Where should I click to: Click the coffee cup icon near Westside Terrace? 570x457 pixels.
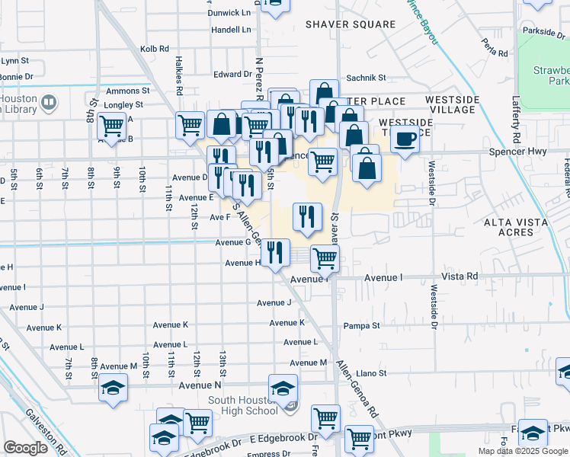click(405, 139)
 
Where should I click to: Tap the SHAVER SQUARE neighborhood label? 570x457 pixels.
click(351, 24)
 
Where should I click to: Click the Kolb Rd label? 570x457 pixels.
click(155, 49)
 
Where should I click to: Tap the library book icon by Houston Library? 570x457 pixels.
click(49, 101)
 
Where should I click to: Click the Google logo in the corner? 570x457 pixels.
click(25, 448)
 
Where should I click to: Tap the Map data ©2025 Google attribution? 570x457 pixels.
click(522, 451)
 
